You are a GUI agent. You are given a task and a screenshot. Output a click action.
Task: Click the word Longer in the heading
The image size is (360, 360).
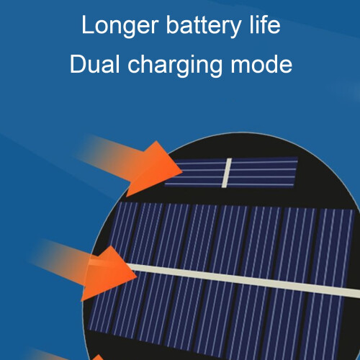pos(120,26)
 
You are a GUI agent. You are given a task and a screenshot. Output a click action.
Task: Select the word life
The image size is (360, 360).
pos(265,24)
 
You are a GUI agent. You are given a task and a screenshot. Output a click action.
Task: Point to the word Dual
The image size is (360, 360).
pos(94,64)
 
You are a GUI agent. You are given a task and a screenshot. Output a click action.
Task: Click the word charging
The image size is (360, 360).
pos(175,66)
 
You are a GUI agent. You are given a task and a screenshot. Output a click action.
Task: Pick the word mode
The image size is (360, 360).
pos(261,64)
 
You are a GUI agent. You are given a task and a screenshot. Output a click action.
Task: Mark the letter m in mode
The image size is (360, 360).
pos(241,66)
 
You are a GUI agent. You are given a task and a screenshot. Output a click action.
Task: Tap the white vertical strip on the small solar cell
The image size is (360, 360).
pos(227,173)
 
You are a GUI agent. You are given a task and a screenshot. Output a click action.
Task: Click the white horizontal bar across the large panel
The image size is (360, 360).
pos(243,279)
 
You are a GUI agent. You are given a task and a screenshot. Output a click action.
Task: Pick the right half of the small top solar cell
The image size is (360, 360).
pos(263,172)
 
